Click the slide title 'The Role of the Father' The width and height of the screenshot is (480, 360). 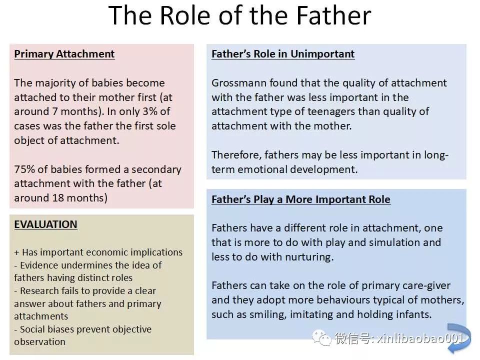click(239, 15)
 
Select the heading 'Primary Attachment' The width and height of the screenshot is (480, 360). click(64, 54)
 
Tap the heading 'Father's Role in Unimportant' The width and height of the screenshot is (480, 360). click(283, 54)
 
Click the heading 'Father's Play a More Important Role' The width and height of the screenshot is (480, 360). click(301, 199)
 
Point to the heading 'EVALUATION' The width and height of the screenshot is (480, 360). click(45, 224)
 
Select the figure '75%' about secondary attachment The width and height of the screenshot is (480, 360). click(24, 169)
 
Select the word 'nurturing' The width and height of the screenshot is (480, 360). click(309, 257)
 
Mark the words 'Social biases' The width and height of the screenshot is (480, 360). click(47, 329)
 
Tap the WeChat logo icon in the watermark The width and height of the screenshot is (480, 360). click(321, 338)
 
